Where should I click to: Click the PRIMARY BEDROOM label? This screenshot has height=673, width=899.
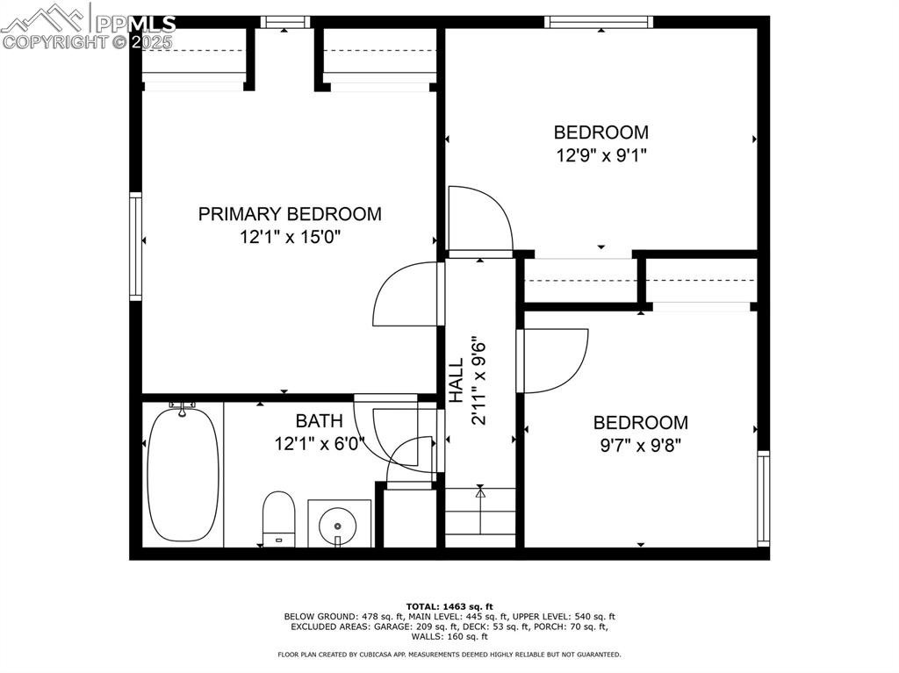290,214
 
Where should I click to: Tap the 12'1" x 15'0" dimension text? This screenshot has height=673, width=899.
290,237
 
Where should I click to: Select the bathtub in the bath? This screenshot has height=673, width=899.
182,475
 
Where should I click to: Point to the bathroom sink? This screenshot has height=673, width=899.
339,524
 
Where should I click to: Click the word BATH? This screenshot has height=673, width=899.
313,421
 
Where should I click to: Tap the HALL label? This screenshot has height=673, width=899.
457,381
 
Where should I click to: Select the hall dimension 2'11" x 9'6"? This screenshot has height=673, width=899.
478,381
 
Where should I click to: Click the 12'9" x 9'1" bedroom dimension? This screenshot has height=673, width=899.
601,155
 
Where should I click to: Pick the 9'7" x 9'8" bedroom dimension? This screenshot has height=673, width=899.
640,445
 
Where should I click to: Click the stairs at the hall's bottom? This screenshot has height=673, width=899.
479,518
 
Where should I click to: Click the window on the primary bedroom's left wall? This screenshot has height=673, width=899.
135,247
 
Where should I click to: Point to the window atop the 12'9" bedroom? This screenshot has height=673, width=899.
598,22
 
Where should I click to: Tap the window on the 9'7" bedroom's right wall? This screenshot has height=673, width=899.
763,498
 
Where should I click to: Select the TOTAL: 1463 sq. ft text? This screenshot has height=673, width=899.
449,606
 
